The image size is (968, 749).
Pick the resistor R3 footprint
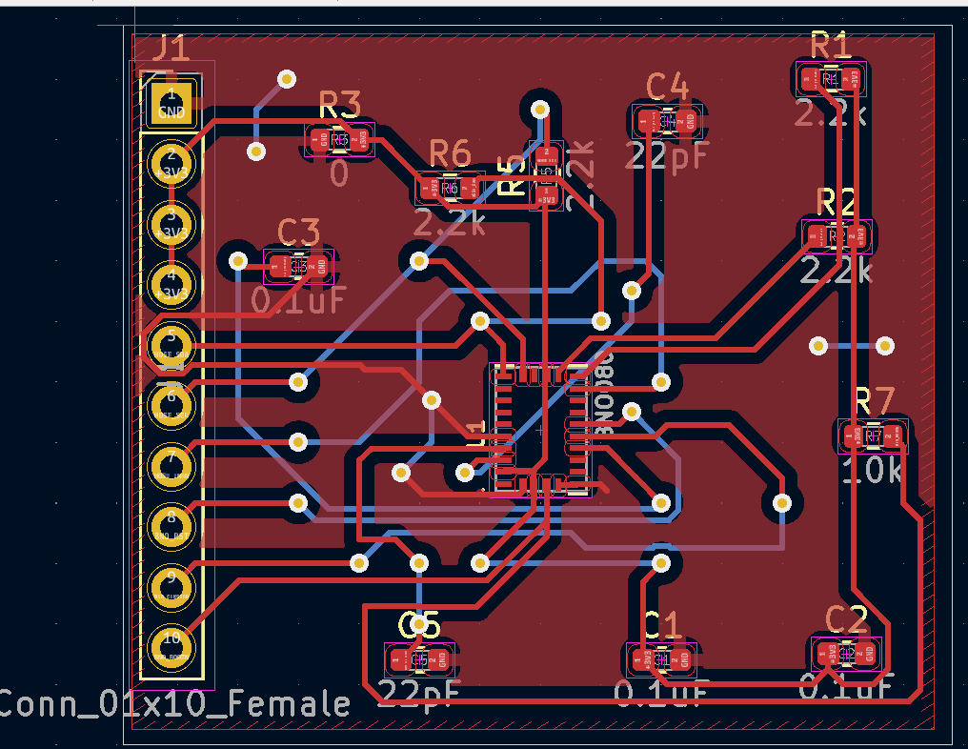click(x=340, y=140)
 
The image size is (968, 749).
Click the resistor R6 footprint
click(x=450, y=189)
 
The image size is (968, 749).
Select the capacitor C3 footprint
click(x=299, y=266)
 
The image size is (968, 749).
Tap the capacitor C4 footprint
click(x=667, y=121)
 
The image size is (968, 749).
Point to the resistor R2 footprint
click(x=837, y=235)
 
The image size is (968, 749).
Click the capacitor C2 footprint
click(x=845, y=653)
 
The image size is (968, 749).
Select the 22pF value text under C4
click(x=667, y=155)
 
